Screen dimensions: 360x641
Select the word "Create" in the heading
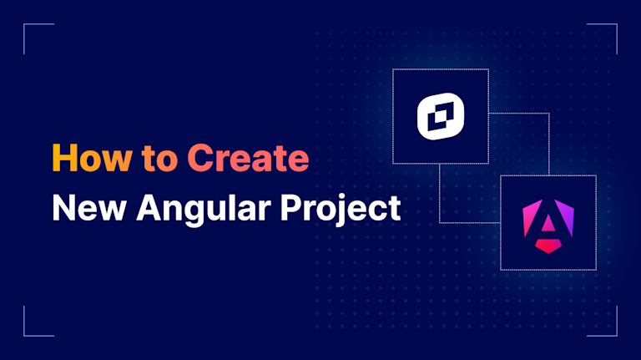tap(247, 159)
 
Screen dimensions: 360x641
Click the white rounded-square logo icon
tap(440, 117)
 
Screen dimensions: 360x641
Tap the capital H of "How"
tap(63, 159)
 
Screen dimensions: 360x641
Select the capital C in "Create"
tap(197, 159)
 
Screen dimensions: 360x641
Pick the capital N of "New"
tap(63, 207)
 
